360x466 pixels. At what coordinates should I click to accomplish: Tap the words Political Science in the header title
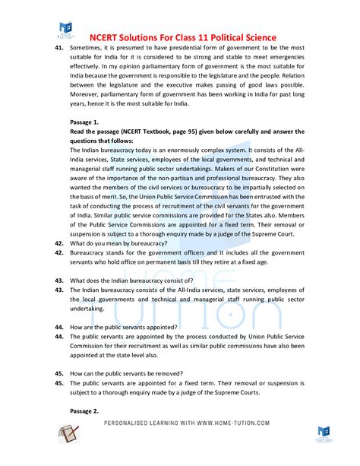coord(241,37)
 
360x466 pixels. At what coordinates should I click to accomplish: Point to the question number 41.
coord(58,47)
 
